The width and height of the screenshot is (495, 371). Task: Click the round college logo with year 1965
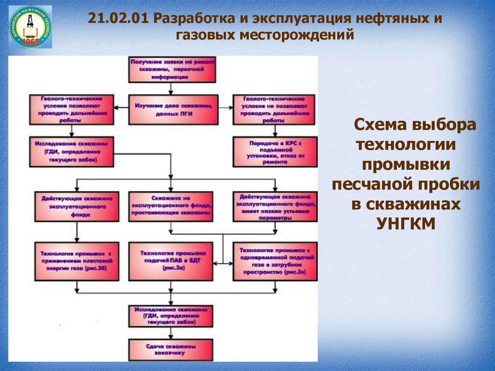point(30,27)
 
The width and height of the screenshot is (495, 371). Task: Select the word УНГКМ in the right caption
point(405,223)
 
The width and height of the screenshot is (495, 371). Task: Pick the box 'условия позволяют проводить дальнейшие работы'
point(73,110)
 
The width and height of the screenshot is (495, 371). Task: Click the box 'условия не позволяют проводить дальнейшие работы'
point(275,110)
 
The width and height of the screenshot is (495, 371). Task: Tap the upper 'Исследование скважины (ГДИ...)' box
point(73,150)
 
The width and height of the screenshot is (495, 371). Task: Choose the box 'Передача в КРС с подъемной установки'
point(275,150)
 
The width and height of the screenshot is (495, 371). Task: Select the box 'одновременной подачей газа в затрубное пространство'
point(275,261)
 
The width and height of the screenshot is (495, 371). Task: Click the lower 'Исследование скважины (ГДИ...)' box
point(172,316)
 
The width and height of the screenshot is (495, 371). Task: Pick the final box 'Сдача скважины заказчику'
point(172,349)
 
